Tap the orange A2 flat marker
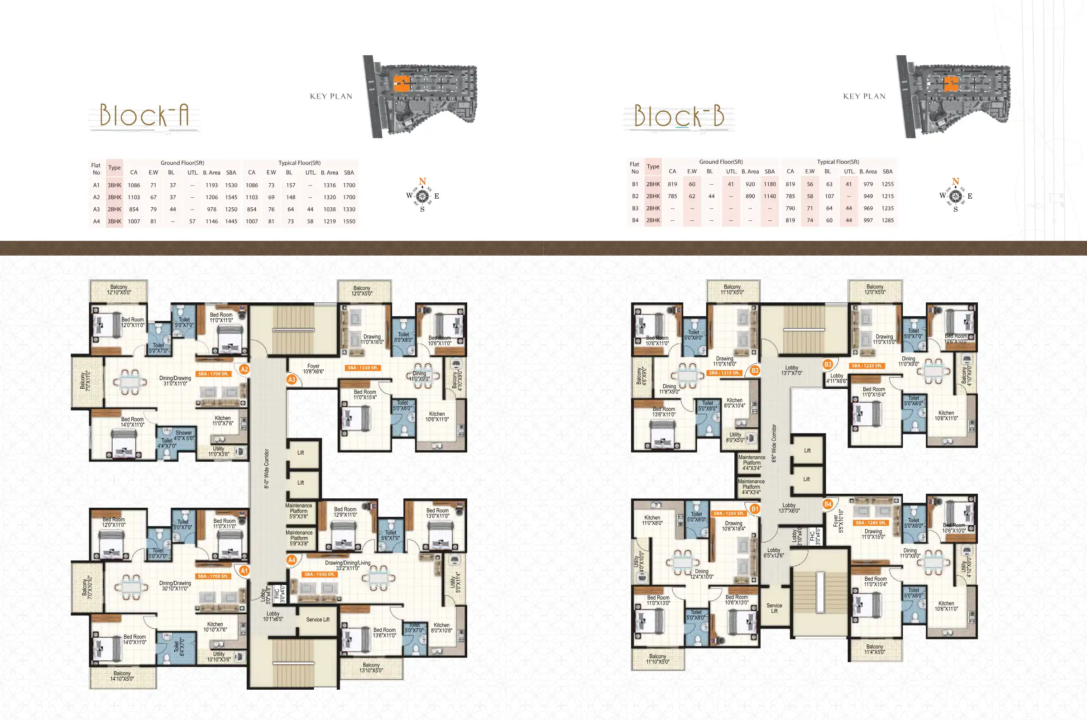coord(244,369)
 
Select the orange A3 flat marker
coord(292,379)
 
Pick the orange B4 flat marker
coord(828,504)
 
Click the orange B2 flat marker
coord(755,370)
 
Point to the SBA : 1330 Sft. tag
coord(362,368)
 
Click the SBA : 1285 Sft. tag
coord(871,523)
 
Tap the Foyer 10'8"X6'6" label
coord(313,369)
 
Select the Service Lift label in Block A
coord(318,620)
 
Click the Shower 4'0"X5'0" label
coord(184,435)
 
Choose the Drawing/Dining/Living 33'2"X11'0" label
coord(348,565)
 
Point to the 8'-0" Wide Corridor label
coord(266,468)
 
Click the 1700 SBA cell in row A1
coord(349,185)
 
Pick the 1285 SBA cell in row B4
coord(888,220)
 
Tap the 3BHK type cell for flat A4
coord(115,221)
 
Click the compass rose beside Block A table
coord(422,196)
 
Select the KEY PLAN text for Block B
coord(864,96)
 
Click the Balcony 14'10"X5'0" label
coord(122,676)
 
